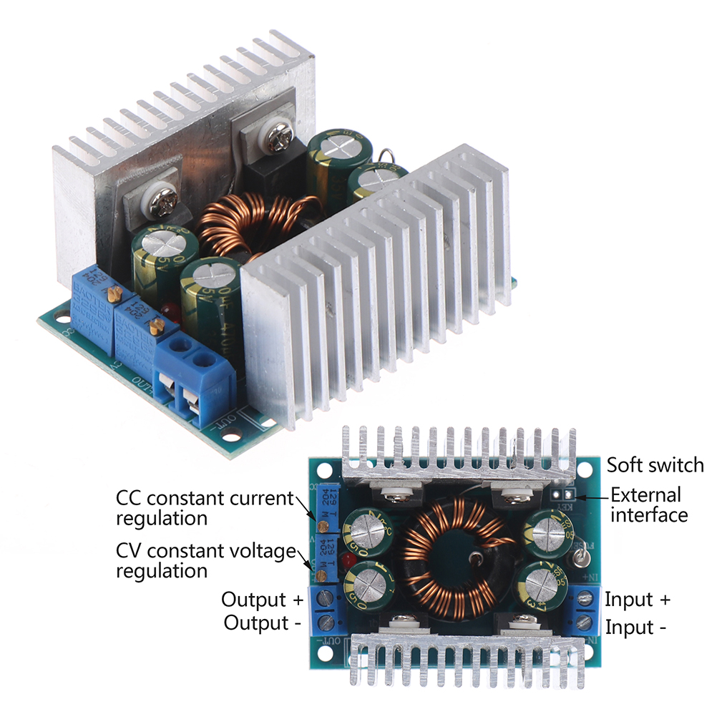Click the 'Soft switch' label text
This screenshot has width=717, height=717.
(x=655, y=465)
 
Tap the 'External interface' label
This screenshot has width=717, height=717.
(x=648, y=504)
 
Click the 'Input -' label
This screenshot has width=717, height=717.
(x=636, y=628)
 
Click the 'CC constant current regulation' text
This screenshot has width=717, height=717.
(x=205, y=507)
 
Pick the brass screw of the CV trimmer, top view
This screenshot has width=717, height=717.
(x=323, y=575)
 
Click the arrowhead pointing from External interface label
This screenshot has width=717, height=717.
(x=579, y=494)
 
